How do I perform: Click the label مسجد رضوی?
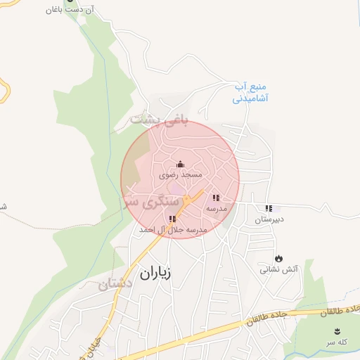181,174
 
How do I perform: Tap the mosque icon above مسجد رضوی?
180,164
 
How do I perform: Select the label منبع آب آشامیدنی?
252,94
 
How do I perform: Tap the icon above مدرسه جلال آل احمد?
172,219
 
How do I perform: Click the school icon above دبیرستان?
269,208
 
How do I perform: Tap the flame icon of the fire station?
279,258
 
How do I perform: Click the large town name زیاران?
156,273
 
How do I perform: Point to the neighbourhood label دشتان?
116,285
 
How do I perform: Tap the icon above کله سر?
337,331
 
